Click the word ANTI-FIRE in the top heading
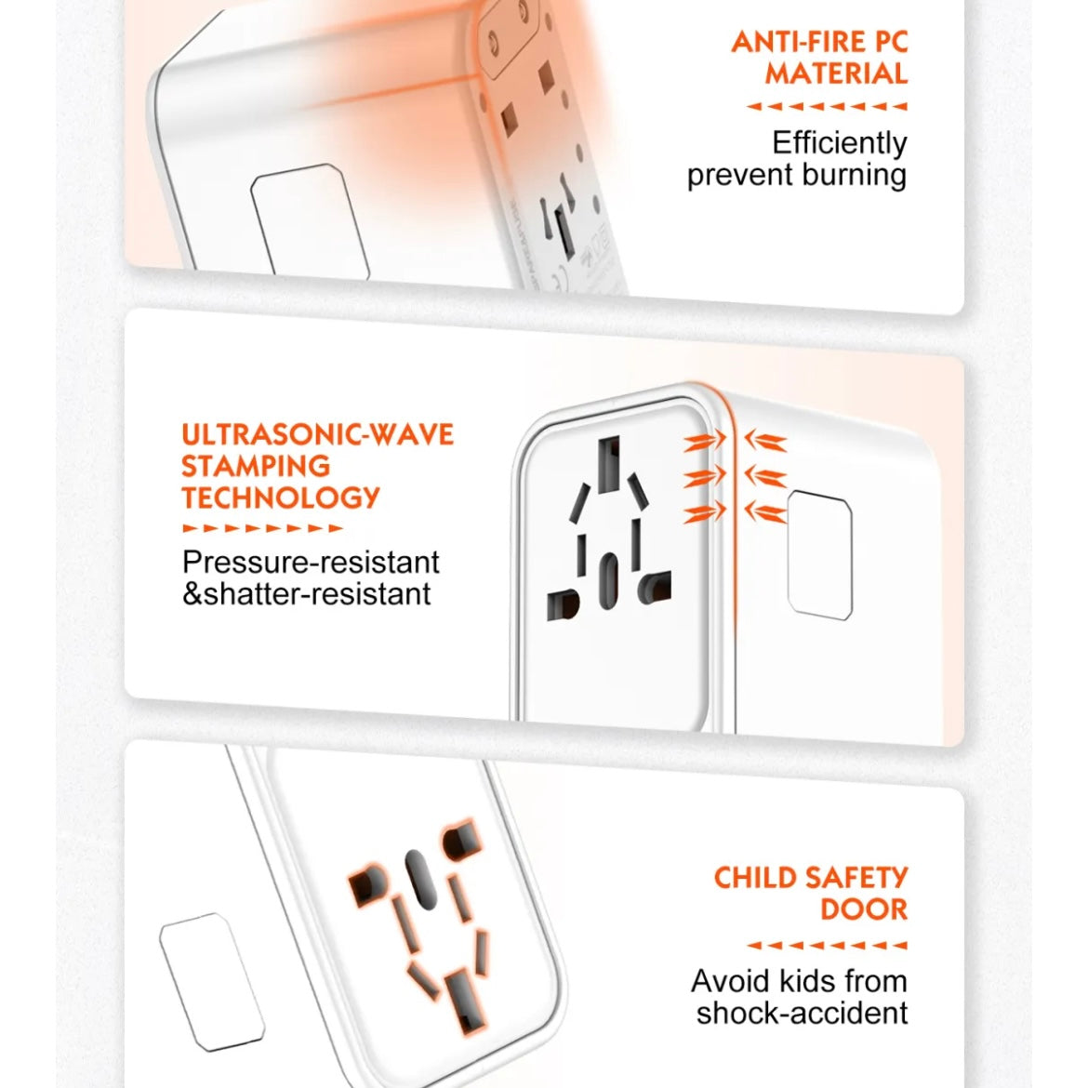pyautogui.click(x=798, y=43)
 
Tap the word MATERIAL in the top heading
pyautogui.click(x=837, y=73)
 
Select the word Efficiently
pyautogui.click(x=840, y=143)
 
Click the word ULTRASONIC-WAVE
pyautogui.click(x=318, y=435)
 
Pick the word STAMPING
pyautogui.click(x=256, y=466)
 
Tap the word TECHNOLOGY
pyautogui.click(x=281, y=498)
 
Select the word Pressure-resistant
pyautogui.click(x=311, y=562)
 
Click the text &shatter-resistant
pyautogui.click(x=307, y=594)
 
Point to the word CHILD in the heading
pyautogui.click(x=756, y=878)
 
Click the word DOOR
pyautogui.click(x=864, y=909)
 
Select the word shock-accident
pyautogui.click(x=803, y=1014)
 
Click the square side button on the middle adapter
pyautogui.click(x=820, y=555)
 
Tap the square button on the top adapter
pyautogui.click(x=311, y=222)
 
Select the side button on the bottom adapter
pyautogui.click(x=212, y=982)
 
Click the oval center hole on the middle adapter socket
pyautogui.click(x=608, y=581)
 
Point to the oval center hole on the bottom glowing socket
pyautogui.click(x=420, y=879)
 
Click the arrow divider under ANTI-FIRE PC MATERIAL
pyautogui.click(x=827, y=107)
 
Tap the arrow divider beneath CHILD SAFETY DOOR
pyautogui.click(x=827, y=945)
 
